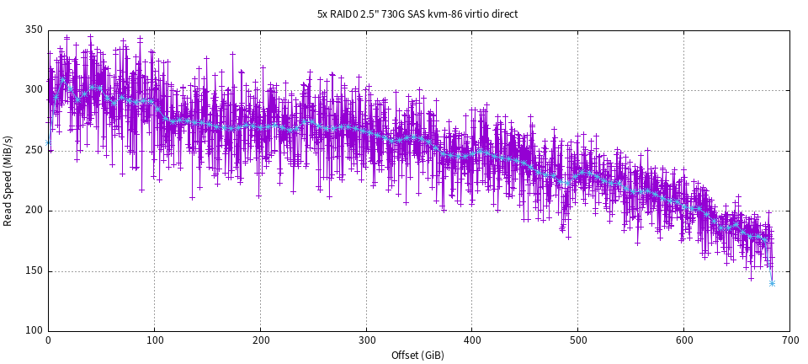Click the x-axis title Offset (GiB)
click(417, 356)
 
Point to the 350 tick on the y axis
click(34, 29)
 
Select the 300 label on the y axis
click(34, 90)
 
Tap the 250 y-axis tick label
click(34, 151)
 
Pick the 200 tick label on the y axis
click(34, 211)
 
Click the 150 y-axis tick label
click(34, 271)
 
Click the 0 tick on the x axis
click(48, 341)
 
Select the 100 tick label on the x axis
click(154, 341)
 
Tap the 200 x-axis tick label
click(260, 341)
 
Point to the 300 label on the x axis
click(366, 341)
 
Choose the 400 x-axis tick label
click(472, 341)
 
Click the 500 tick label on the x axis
click(578, 341)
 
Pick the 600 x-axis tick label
click(683, 341)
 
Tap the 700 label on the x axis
click(789, 341)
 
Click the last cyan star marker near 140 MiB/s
click(772, 283)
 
